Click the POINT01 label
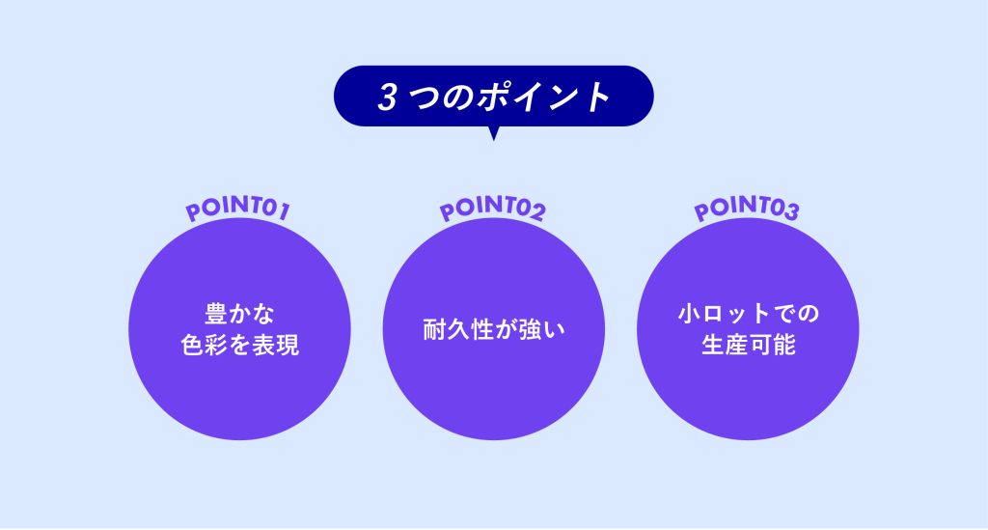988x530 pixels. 238,208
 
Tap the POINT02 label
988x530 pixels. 493,208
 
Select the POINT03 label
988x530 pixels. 747,208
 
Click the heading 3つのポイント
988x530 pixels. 494,98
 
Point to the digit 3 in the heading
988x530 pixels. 388,98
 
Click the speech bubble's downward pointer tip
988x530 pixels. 494,140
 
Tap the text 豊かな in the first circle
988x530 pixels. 239,313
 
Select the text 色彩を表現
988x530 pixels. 239,345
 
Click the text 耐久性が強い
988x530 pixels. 494,329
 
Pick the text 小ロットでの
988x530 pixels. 748,313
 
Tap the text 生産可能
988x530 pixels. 748,345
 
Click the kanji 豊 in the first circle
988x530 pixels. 216,313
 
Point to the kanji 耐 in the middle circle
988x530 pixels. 434,329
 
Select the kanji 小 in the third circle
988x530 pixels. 689,313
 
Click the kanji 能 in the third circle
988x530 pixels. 783,345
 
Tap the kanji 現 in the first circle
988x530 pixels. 287,345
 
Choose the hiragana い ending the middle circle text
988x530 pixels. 554,329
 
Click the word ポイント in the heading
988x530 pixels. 542,98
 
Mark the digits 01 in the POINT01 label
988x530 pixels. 276,209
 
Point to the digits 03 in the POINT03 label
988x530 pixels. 784,209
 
